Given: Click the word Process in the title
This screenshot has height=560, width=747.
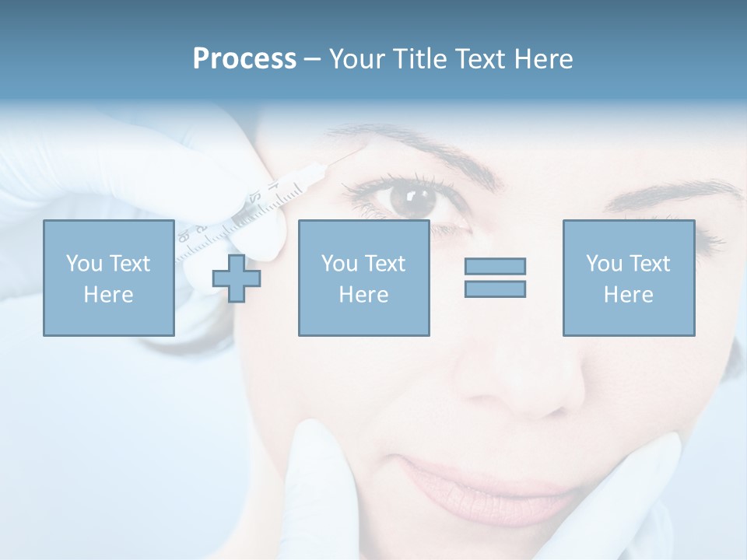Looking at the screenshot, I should [244, 59].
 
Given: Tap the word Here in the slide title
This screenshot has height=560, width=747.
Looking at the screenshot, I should [542, 59].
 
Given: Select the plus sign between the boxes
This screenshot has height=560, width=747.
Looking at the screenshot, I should [237, 278].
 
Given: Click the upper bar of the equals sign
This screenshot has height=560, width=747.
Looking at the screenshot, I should [495, 266].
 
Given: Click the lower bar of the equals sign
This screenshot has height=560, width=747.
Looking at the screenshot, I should [495, 289].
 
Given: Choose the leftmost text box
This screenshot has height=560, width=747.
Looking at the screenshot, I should [108, 278].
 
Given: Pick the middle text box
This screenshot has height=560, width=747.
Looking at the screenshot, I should [363, 278].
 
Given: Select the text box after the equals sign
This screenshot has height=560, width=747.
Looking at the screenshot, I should [628, 278].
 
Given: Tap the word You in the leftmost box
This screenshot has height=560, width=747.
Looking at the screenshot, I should [83, 264].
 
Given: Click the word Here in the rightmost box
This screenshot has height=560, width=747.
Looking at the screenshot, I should [628, 295].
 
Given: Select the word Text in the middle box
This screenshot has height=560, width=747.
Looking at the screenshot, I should [384, 264].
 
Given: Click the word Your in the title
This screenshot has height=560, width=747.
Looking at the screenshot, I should [359, 59].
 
